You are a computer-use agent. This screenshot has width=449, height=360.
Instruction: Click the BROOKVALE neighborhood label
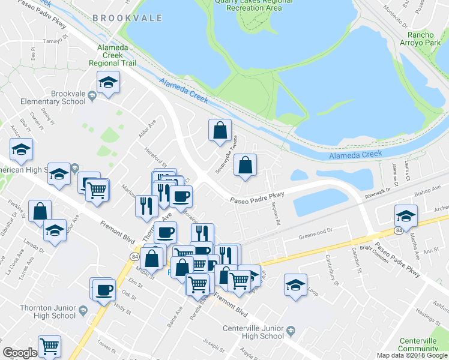[127, 18]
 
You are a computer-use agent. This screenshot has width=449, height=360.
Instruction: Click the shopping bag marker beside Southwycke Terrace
[220, 130]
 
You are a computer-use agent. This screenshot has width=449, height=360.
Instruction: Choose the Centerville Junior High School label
[253, 332]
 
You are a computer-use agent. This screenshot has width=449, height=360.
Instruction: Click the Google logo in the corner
[19, 353]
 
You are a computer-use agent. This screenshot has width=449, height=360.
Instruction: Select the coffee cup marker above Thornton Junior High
[103, 290]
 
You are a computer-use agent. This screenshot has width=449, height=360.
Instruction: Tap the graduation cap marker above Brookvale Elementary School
[109, 82]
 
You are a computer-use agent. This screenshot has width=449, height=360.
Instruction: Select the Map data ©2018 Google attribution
[412, 355]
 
